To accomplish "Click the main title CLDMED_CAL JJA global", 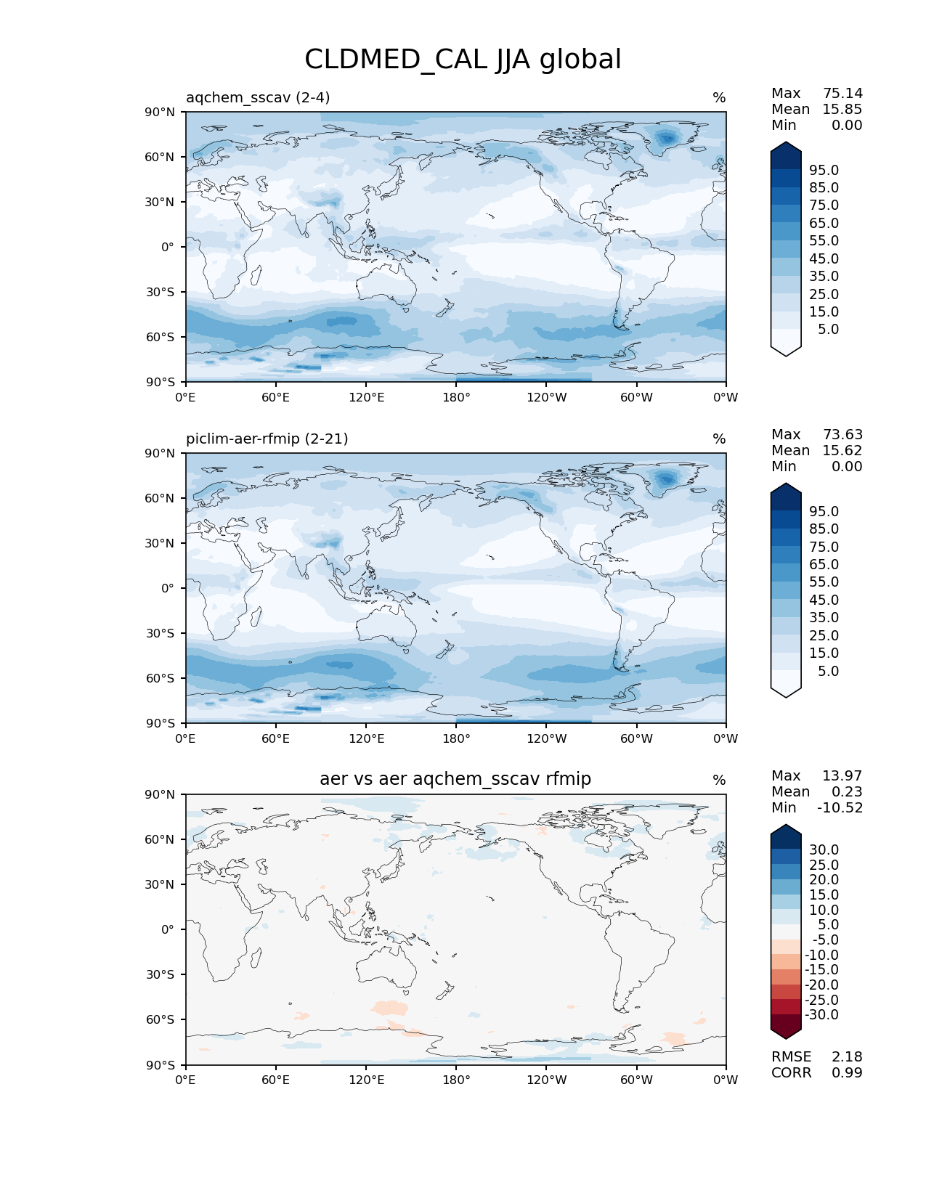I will (x=463, y=60).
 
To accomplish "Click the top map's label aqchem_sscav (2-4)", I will (x=258, y=97).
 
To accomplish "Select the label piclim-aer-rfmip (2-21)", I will (x=267, y=439).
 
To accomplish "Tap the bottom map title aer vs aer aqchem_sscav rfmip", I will (x=455, y=779).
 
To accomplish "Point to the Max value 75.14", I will (x=842, y=93).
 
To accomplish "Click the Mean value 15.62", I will (x=842, y=450).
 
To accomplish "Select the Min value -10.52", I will (x=840, y=807).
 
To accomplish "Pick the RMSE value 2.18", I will (x=847, y=1056).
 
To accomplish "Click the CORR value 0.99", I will (x=847, y=1072).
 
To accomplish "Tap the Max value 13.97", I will (x=842, y=775).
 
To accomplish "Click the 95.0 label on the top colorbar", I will (x=824, y=170).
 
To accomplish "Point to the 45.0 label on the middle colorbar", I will (x=824, y=600).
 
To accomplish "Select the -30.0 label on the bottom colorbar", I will (x=822, y=1014).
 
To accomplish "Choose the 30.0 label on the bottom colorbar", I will (x=824, y=849).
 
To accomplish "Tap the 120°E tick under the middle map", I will (x=366, y=738).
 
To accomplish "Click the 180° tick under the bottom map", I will (x=456, y=1080).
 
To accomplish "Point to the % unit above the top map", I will (x=719, y=97).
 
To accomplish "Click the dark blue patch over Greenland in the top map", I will (x=666, y=137).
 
